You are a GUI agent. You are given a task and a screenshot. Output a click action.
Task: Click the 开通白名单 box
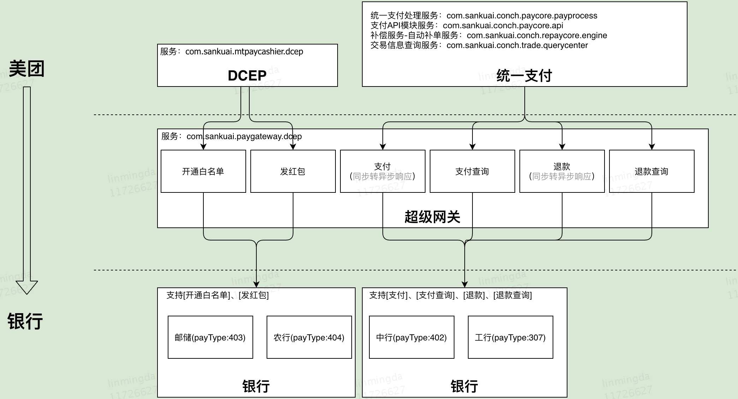pyautogui.click(x=203, y=171)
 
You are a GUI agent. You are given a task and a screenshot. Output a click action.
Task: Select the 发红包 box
pyautogui.click(x=293, y=171)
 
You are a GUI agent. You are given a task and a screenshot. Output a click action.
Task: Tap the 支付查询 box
pyautogui.click(x=472, y=171)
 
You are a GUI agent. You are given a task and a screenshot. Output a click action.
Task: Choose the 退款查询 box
pyautogui.click(x=651, y=171)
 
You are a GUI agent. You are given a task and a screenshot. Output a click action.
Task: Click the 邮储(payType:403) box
pyautogui.click(x=210, y=337)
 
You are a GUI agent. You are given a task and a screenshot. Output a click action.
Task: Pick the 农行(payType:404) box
pyautogui.click(x=309, y=337)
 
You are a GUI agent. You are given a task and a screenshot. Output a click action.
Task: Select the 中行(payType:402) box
pyautogui.click(x=411, y=337)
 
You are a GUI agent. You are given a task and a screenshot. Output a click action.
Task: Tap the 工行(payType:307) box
pyautogui.click(x=510, y=337)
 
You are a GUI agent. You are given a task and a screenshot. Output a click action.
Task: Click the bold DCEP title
pyautogui.click(x=247, y=76)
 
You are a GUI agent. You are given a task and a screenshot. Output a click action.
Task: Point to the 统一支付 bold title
pyautogui.click(x=524, y=76)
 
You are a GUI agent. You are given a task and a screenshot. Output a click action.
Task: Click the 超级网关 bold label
pyautogui.click(x=432, y=217)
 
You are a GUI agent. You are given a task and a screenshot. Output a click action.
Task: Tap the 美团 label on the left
pyautogui.click(x=26, y=69)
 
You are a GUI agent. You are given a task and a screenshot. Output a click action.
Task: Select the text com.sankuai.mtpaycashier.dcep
pyautogui.click(x=244, y=52)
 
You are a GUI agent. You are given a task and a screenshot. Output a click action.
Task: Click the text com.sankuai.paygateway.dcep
pyautogui.click(x=244, y=136)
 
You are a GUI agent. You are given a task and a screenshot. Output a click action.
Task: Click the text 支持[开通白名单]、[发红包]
pyautogui.click(x=218, y=295)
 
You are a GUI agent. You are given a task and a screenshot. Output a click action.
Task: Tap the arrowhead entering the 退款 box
pyautogui.click(x=562, y=147)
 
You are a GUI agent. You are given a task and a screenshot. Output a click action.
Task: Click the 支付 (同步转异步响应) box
pyautogui.click(x=382, y=171)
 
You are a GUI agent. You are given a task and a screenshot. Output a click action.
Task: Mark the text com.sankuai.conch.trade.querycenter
pyautogui.click(x=517, y=45)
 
